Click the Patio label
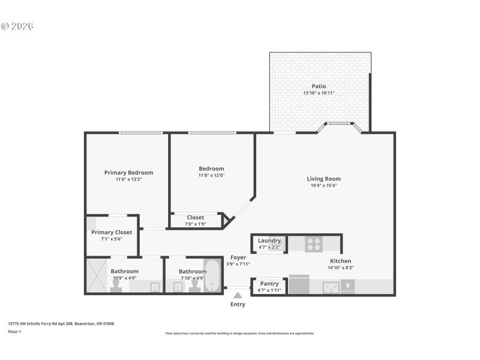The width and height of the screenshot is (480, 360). coord(319,86)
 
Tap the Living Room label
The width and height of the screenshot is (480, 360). coord(323,179)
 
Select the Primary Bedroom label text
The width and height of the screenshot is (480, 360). coord(128,173)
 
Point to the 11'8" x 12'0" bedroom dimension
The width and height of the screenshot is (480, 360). coord(211,176)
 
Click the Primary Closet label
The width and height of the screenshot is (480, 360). coord(112,232)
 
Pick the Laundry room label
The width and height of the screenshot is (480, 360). coord(269,241)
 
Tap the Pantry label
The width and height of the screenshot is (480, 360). coord(269,283)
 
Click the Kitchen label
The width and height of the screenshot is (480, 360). coord(340,261)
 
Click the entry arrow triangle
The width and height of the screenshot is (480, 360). coord(238,295)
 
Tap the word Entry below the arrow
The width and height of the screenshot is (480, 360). coord(238,304)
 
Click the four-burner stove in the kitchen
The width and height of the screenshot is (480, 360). coord(314,244)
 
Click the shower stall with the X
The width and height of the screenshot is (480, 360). coord(97,275)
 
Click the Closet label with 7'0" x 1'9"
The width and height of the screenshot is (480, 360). coord(195,217)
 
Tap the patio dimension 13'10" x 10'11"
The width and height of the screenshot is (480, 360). coord(319,93)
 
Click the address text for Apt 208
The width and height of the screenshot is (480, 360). coord(61,323)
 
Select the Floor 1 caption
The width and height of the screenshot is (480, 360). coord(14,331)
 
